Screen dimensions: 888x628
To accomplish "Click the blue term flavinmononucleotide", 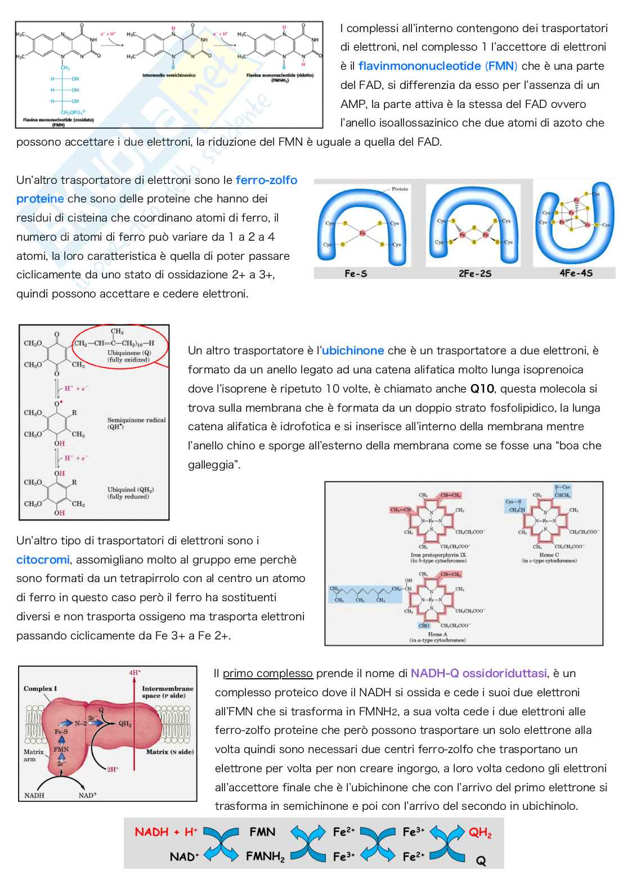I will pyautogui.click(x=419, y=66).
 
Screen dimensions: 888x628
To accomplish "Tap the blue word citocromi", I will pyautogui.click(x=43, y=560).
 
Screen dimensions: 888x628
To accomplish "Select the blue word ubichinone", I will pyautogui.click(x=353, y=351).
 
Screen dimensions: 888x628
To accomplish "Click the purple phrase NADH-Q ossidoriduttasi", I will pyautogui.click(x=478, y=674).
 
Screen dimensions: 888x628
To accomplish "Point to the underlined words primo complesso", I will pyautogui.click(x=267, y=674).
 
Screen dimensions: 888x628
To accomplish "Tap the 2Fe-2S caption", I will pyautogui.click(x=475, y=274).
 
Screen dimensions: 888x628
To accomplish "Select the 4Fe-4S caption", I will pyautogui.click(x=576, y=273).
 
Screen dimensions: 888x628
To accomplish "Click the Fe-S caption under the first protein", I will pyautogui.click(x=356, y=274).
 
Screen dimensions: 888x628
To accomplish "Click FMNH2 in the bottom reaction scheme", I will pyautogui.click(x=265, y=857).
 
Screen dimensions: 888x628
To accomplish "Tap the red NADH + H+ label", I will pyautogui.click(x=166, y=832).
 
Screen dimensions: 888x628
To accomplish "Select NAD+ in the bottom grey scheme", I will pyautogui.click(x=185, y=857).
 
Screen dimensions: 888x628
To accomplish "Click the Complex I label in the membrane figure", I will pyautogui.click(x=40, y=689).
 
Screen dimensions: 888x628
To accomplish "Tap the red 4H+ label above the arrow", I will pyautogui.click(x=134, y=672).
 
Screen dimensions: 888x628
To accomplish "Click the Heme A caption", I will pyautogui.click(x=438, y=634).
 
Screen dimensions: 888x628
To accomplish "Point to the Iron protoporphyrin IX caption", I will pyautogui.click(x=438, y=555).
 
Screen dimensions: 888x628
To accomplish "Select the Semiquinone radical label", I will pyautogui.click(x=136, y=421).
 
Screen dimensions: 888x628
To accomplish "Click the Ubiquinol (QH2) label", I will pyautogui.click(x=131, y=490).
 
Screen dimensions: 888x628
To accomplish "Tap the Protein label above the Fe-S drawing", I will pyautogui.click(x=400, y=189).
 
